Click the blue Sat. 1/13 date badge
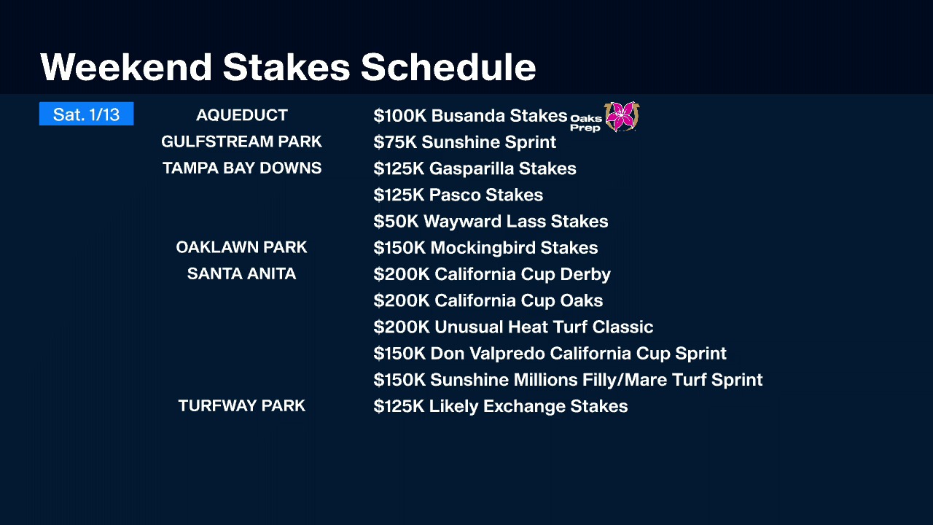coord(86,114)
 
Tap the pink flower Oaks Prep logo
coord(622,117)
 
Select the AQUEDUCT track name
coord(241,115)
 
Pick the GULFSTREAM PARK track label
coord(241,141)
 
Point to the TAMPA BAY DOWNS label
coord(241,168)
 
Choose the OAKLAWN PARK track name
coord(241,247)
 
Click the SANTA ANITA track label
coord(241,273)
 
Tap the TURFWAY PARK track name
coord(241,405)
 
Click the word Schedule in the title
coord(448,67)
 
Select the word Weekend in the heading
coord(126,67)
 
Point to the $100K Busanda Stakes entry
coord(470,116)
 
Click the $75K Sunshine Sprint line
coord(465,142)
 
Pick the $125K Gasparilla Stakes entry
coord(475,168)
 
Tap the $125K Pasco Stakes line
coord(458,195)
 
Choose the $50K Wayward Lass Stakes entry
coord(491,221)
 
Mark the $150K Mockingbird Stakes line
coord(485,248)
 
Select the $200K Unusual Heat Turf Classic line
coord(513,327)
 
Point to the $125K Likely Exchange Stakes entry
coord(501,407)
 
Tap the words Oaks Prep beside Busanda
coord(585,123)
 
